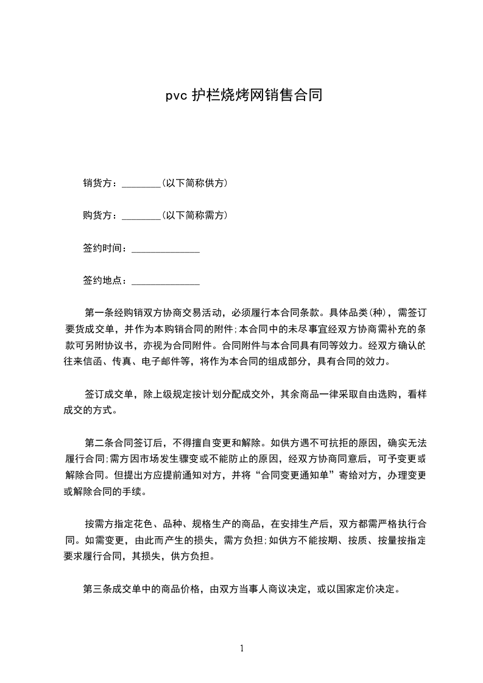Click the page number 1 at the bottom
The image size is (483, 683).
click(242, 648)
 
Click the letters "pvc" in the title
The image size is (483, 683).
click(177, 96)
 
